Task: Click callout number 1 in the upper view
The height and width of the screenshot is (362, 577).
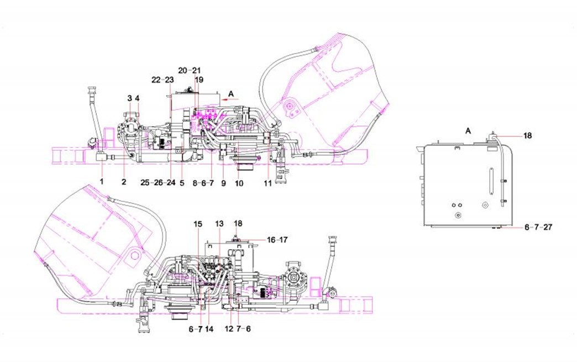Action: coord(102,181)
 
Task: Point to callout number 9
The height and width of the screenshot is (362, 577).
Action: coord(223,182)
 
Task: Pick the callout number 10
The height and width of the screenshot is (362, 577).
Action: coord(239,182)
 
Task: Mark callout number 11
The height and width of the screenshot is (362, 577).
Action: coord(267,183)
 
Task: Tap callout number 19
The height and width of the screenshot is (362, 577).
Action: coord(199,80)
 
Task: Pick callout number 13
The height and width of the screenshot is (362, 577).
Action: coord(219,224)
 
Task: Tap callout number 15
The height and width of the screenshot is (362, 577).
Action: coord(198,224)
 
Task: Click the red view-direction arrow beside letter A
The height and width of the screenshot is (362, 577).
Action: coord(231,99)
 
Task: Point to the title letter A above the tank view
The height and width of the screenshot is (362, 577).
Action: coord(468,130)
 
